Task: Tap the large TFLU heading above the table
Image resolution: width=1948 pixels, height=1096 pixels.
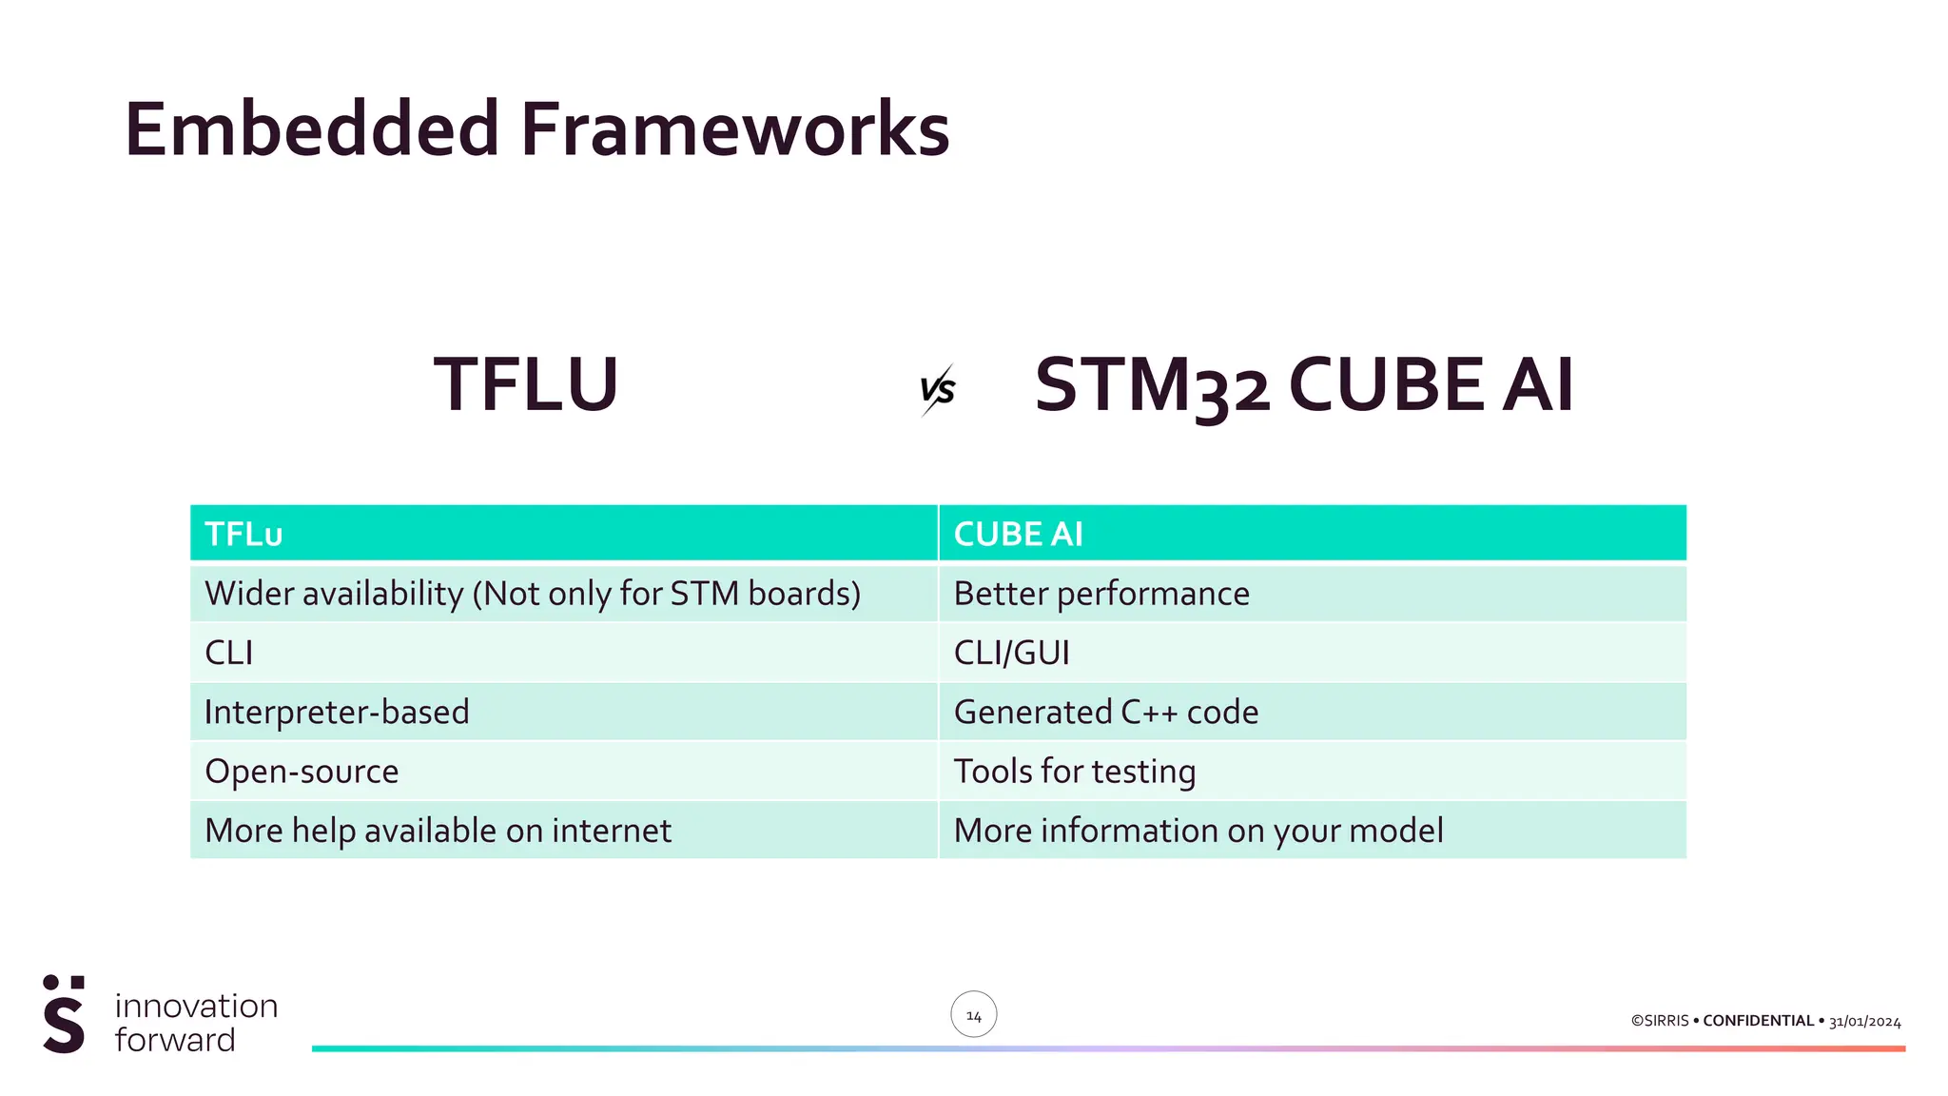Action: tap(526, 385)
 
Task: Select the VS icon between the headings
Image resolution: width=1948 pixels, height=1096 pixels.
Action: tap(937, 389)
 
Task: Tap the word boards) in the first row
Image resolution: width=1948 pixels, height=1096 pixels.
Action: tap(804, 594)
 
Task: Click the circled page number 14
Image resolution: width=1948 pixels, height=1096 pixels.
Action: tap(973, 1015)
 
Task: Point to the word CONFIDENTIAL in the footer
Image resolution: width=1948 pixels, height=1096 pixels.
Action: tap(1758, 1021)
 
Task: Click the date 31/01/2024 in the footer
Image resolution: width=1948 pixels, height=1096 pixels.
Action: tap(1864, 1022)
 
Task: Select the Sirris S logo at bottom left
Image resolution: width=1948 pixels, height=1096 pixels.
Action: tap(64, 1015)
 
